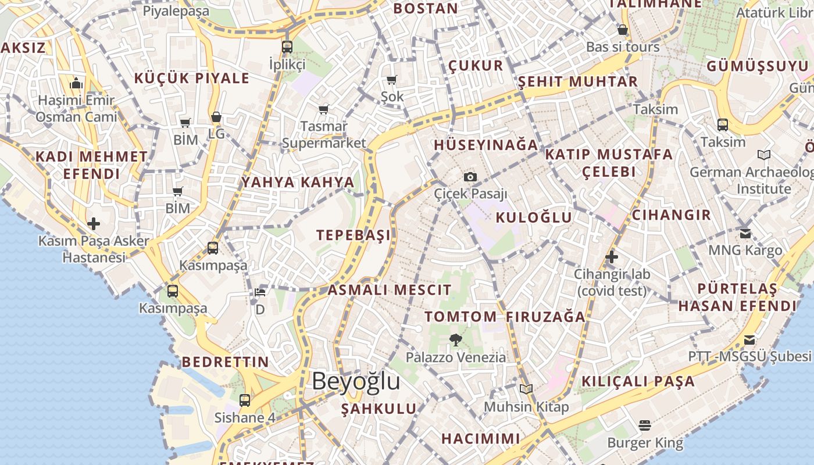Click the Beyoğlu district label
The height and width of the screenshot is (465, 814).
click(356, 381)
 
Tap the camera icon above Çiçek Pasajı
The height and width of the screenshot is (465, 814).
click(470, 177)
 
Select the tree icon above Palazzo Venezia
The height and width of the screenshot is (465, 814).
click(456, 340)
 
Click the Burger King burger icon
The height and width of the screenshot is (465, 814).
click(644, 425)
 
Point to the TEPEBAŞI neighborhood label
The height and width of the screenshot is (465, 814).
click(354, 235)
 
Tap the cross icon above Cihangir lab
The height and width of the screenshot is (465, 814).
click(611, 257)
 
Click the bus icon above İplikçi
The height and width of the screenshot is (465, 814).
click(287, 47)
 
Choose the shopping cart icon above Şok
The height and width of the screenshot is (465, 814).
click(391, 80)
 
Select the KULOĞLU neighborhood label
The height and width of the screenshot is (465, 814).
click(534, 217)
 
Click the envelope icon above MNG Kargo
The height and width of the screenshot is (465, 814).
click(745, 234)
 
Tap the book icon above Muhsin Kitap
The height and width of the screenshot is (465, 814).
click(526, 389)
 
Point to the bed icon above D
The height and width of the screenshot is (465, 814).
click(260, 292)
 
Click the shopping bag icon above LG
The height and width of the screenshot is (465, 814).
click(216, 117)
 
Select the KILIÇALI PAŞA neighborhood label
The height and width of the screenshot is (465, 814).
click(638, 381)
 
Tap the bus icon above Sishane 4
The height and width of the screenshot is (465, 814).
click(245, 400)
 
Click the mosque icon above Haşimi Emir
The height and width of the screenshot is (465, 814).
click(76, 84)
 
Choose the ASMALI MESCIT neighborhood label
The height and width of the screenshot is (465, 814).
click(390, 290)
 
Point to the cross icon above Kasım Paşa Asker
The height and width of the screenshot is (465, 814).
click(94, 224)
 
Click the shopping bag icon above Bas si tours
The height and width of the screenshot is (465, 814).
click(623, 30)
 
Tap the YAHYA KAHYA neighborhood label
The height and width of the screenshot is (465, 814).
click(298, 182)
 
